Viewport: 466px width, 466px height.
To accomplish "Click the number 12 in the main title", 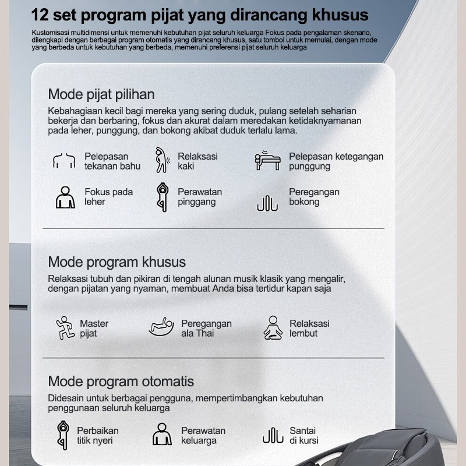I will click(x=41, y=13).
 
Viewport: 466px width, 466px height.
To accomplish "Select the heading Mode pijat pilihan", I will click(x=101, y=94).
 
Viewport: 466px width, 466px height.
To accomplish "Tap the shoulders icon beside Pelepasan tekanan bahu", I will click(x=64, y=161).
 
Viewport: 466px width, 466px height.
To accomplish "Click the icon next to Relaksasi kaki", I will click(x=161, y=161).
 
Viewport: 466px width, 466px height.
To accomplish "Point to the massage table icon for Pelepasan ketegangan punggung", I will click(x=267, y=161).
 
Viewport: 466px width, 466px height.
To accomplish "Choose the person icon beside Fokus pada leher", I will click(x=65, y=197).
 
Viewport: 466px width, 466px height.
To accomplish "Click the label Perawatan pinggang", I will click(x=200, y=197).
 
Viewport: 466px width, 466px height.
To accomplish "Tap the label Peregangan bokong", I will click(x=314, y=197).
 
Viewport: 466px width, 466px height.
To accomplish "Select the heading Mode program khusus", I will click(x=116, y=262).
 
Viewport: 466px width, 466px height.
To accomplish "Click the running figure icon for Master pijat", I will click(x=65, y=329).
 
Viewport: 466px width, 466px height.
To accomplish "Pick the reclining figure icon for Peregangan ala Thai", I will click(x=161, y=327).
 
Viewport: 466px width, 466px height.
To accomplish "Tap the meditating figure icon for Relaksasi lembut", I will click(x=273, y=328).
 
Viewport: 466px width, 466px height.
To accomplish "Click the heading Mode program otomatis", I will click(x=121, y=382).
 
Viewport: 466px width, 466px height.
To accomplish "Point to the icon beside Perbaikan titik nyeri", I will click(x=62, y=435).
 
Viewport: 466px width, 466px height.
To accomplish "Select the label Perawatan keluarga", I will click(x=203, y=435).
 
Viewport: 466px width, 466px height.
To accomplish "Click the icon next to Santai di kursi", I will click(x=273, y=435).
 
